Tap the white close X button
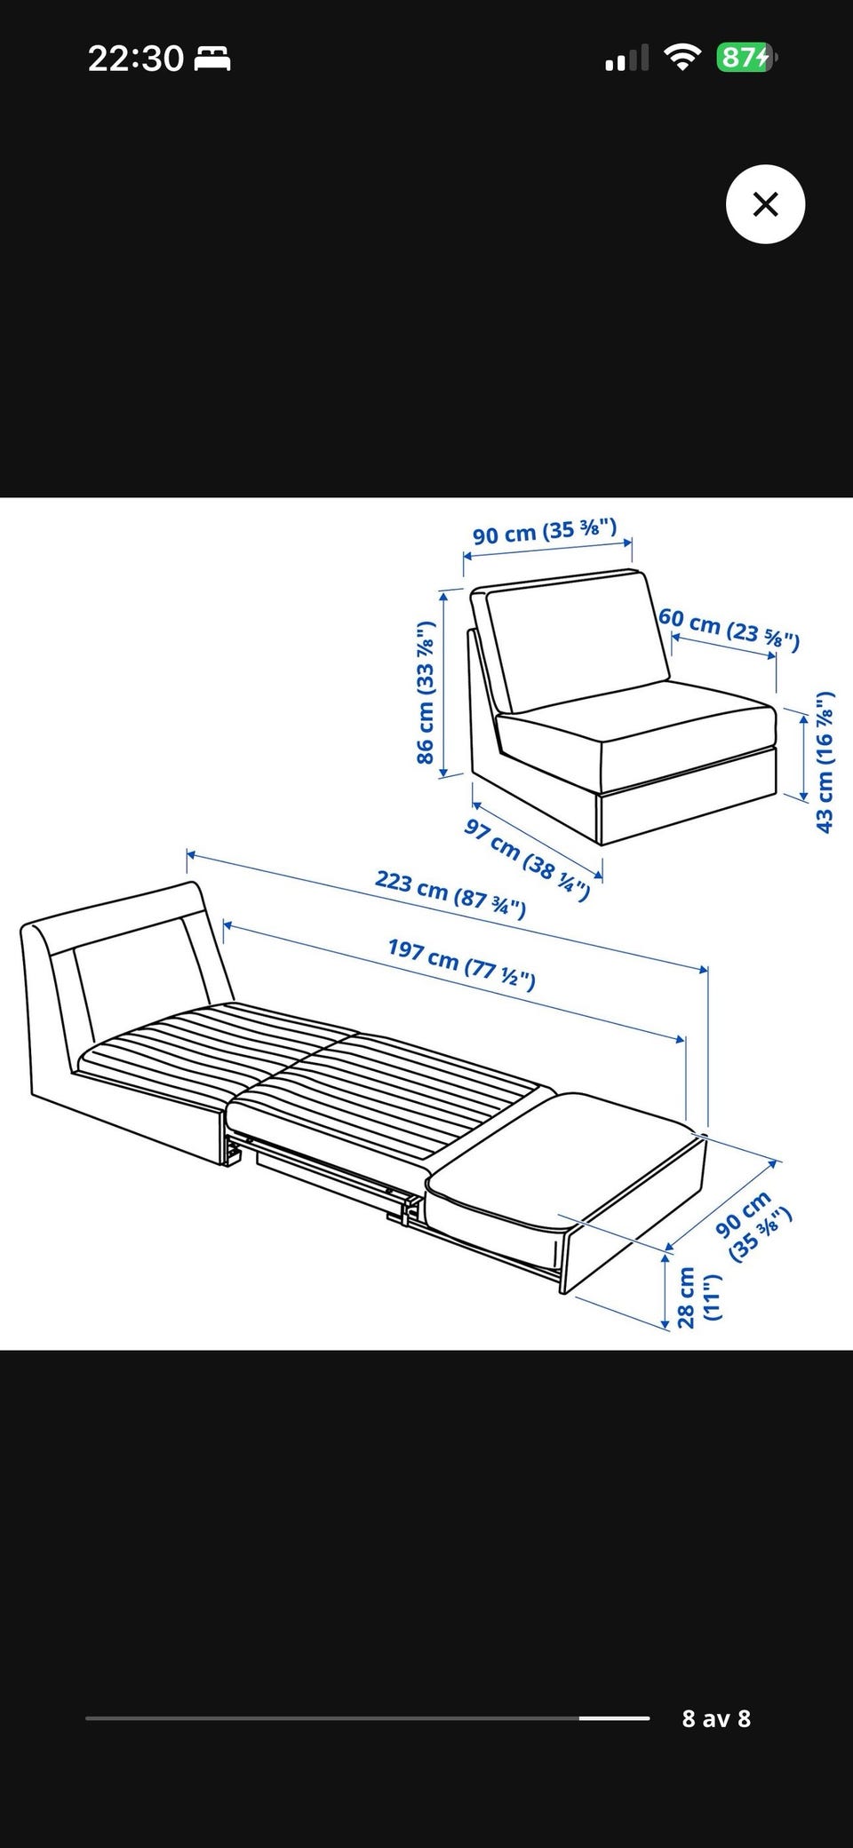pyautogui.click(x=765, y=204)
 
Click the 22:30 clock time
pyautogui.click(x=136, y=59)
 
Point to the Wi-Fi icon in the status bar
pyautogui.click(x=682, y=59)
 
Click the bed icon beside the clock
pyautogui.click(x=212, y=59)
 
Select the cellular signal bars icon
pyautogui.click(x=627, y=59)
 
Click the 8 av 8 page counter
pyautogui.click(x=716, y=1718)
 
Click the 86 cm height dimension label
pyautogui.click(x=426, y=692)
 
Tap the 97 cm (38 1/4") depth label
pyautogui.click(x=527, y=859)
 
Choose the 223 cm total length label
pyautogui.click(x=450, y=893)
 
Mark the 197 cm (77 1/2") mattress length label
pyautogui.click(x=462, y=963)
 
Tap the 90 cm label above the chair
pyautogui.click(x=545, y=532)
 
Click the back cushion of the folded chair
pyautogui.click(x=577, y=639)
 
